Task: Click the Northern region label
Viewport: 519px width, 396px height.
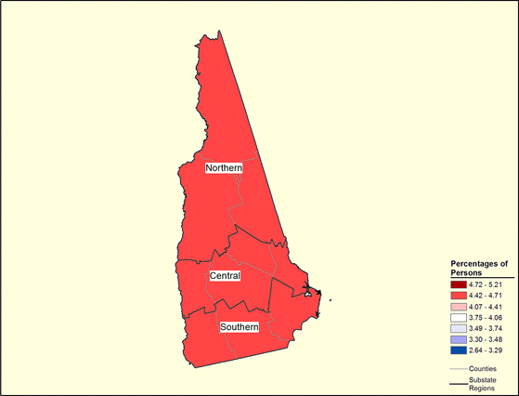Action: [224, 167]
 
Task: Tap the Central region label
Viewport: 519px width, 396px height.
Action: [226, 276]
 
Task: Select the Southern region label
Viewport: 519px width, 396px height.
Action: [240, 327]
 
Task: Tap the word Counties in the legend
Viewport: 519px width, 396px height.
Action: [484, 368]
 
